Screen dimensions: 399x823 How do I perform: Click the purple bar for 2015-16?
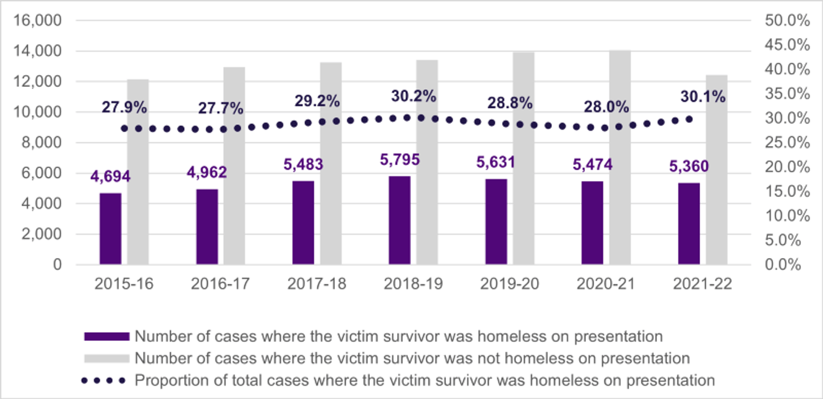(110, 229)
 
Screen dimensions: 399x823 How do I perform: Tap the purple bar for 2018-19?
(400, 220)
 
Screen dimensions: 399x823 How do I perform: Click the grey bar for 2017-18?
(331, 163)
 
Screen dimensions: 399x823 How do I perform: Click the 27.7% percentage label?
(221, 108)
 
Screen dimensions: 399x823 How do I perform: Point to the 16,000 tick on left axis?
(41, 21)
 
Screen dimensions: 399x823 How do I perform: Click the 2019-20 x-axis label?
(510, 283)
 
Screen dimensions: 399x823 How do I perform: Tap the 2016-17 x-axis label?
(220, 283)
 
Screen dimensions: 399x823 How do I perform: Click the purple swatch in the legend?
(107, 336)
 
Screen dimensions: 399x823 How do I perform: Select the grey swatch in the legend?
(107, 357)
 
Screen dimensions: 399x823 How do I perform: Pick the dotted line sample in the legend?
(103, 380)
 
